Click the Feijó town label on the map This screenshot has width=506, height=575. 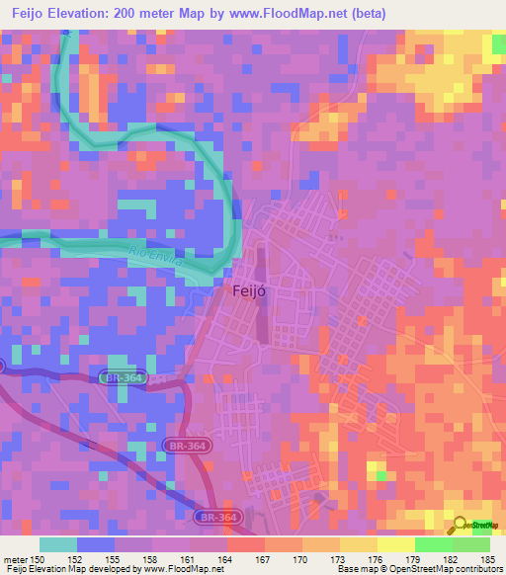pos(248,291)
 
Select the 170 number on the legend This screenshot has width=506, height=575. pos(302,558)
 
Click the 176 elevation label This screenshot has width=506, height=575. pos(378,558)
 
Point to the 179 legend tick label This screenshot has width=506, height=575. pos(415,558)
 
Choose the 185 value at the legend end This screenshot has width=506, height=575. pos(489,558)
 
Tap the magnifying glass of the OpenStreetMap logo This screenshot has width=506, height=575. pos(460,525)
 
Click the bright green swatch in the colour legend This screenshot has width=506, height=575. pos(433,544)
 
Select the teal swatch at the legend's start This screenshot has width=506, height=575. pos(58,544)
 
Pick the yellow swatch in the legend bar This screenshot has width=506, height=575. pos(395,544)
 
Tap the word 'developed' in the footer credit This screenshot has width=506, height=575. pos(105,570)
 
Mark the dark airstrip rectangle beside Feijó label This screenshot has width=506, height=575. pos(262,296)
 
